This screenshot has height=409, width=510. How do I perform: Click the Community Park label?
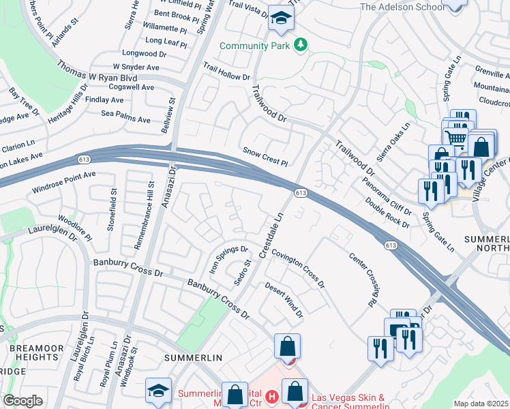[256, 46]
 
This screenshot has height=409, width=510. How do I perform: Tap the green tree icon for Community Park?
[300, 46]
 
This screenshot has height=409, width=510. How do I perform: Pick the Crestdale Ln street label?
[271, 234]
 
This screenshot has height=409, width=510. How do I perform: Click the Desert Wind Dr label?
[284, 301]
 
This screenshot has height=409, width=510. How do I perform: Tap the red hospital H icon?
[272, 395]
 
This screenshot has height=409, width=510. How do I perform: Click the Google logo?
[22, 401]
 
